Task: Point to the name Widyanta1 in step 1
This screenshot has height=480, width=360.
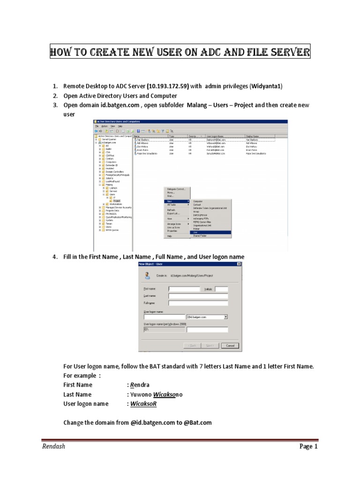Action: [x=268, y=86]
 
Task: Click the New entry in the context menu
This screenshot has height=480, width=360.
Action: [x=170, y=201]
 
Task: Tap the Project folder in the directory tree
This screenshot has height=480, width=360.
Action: [x=116, y=201]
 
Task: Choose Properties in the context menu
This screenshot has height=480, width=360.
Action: [x=172, y=231]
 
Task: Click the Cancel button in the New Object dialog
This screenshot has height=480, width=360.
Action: [x=230, y=345]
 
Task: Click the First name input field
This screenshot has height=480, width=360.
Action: [x=184, y=289]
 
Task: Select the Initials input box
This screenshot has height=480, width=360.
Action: [x=221, y=289]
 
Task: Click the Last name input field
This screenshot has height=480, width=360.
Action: [x=198, y=296]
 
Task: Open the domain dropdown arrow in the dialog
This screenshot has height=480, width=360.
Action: [x=226, y=317]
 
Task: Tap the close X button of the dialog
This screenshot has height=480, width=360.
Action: [x=239, y=264]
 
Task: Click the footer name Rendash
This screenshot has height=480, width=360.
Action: [x=52, y=446]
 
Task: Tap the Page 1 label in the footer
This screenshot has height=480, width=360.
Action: [x=308, y=446]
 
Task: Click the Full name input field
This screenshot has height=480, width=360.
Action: [x=198, y=303]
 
